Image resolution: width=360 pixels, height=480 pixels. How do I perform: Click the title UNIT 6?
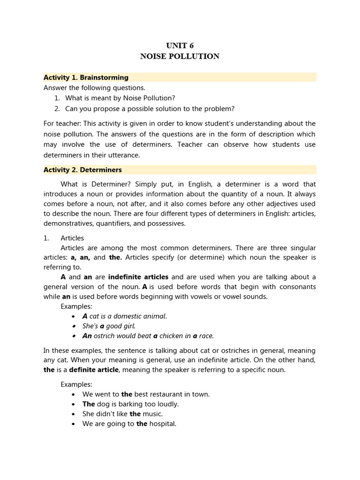[x=180, y=45]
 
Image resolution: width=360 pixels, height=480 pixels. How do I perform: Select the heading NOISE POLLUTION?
[x=180, y=56]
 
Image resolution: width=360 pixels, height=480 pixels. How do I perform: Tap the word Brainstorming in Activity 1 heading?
[x=106, y=77]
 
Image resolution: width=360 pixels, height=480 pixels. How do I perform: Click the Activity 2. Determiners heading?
[x=82, y=170]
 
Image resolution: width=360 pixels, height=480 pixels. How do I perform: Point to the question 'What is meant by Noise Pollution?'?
[x=120, y=98]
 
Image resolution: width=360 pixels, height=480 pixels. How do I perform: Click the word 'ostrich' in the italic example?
[x=106, y=336]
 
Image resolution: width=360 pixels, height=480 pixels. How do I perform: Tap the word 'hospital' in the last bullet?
[x=163, y=424]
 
